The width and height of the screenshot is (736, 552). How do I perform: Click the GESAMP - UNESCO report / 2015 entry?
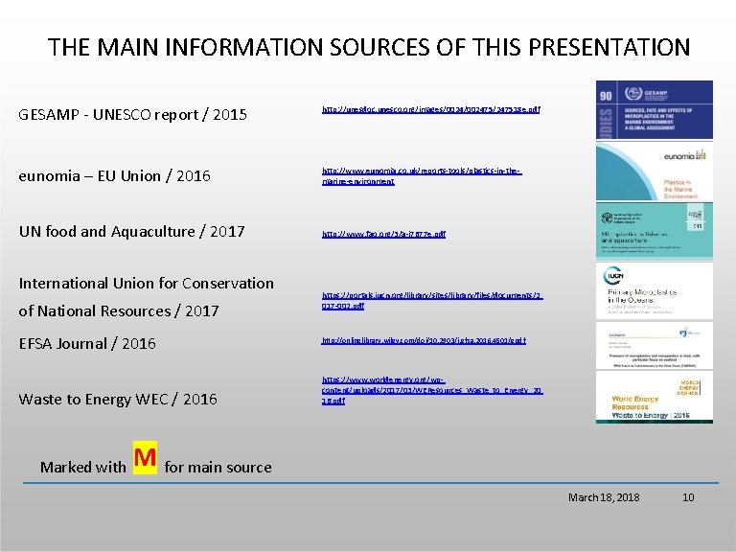click(133, 115)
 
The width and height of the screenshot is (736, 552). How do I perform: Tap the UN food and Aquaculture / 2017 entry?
click(132, 231)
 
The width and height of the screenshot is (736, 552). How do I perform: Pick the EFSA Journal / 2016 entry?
click(87, 343)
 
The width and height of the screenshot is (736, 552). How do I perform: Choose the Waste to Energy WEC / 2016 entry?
click(118, 399)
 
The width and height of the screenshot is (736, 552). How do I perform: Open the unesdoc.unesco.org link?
click(431, 109)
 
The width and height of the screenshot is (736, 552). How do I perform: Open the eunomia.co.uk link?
click(422, 175)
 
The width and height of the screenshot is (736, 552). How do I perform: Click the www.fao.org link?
click(383, 234)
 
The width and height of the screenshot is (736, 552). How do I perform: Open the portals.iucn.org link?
click(431, 301)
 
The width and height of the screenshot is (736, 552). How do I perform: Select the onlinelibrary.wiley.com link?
click(424, 340)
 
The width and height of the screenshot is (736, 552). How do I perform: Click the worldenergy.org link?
click(431, 390)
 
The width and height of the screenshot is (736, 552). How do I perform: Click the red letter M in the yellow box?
click(146, 460)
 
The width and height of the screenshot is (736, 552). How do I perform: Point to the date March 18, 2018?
click(604, 497)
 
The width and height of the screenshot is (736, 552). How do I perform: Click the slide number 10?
click(687, 497)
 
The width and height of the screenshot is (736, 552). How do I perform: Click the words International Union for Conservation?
click(147, 283)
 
